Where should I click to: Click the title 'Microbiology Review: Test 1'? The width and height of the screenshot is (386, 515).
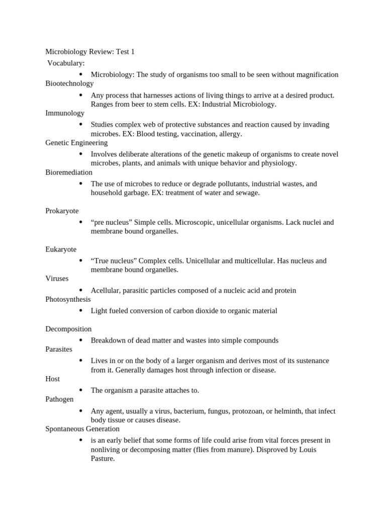tap(90, 52)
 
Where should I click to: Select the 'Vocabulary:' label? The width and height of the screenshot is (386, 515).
tap(66, 63)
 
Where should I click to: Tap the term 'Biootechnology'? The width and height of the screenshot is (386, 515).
tap(69, 83)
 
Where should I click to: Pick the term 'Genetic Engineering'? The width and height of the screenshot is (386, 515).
tap(76, 143)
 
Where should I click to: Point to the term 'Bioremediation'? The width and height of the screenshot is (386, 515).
tap(69, 173)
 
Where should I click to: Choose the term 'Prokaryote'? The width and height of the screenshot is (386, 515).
tap(62, 211)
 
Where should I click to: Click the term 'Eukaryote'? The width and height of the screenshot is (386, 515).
tap(61, 249)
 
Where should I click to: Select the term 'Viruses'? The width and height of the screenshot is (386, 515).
tap(57, 278)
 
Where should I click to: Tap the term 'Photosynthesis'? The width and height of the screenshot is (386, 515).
tap(68, 299)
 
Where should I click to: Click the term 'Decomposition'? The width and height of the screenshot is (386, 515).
tap(68, 329)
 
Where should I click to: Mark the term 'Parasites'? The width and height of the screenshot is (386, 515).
tap(59, 349)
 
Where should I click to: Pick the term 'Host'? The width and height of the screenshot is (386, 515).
tap(52, 379)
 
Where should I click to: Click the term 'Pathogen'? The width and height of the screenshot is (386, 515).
tap(59, 399)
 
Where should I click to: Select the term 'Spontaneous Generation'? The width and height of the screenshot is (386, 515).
tap(82, 429)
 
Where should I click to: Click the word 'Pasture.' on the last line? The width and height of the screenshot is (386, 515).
tap(103, 458)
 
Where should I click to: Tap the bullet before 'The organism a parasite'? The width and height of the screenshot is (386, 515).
tap(80, 390)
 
